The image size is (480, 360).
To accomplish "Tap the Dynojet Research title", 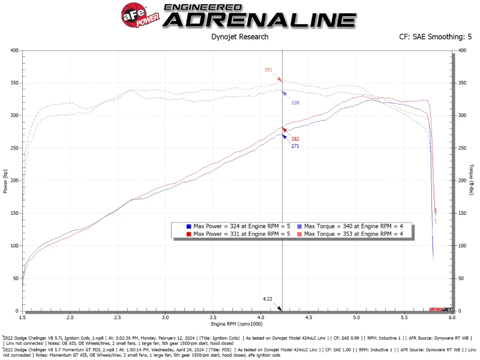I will [239, 37].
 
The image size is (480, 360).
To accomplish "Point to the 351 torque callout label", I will [268, 70].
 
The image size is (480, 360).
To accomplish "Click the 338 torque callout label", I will [295, 103].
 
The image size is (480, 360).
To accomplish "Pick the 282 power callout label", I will [295, 139].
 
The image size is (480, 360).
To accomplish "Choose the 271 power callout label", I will [295, 146].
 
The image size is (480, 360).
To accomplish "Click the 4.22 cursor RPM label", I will [268, 298].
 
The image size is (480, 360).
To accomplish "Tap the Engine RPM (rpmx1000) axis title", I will [236, 324].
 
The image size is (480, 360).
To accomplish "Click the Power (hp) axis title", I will [5, 181].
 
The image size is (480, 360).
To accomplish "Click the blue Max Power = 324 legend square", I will [188, 226].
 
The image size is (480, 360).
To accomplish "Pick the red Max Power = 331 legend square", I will [188, 233].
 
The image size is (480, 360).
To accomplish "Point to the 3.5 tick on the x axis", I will [213, 317].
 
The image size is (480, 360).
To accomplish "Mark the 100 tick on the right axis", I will [461, 245].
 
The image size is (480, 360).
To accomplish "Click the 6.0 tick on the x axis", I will [451, 317].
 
